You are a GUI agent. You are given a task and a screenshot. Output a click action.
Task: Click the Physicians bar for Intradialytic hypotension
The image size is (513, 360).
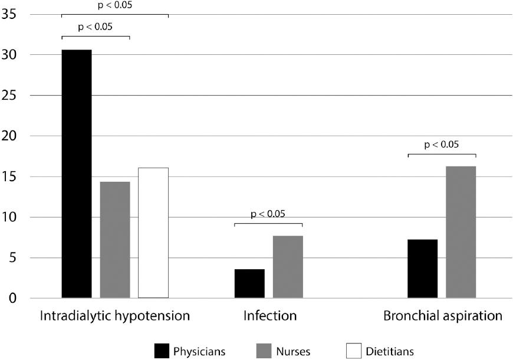(77, 174)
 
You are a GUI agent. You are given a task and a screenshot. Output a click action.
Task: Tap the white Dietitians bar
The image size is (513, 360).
(153, 233)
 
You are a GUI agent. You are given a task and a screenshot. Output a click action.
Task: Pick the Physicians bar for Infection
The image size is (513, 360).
(249, 283)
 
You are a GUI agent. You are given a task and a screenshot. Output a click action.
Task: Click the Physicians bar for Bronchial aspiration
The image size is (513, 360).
(423, 269)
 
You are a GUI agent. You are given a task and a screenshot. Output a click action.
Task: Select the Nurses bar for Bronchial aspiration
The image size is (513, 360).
(461, 232)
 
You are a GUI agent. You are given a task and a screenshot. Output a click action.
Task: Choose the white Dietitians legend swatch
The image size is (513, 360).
(353, 351)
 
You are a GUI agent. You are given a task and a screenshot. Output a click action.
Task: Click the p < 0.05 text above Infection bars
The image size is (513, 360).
(268, 214)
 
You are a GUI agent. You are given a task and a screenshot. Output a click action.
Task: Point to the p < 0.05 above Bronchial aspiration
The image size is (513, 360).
(442, 144)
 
